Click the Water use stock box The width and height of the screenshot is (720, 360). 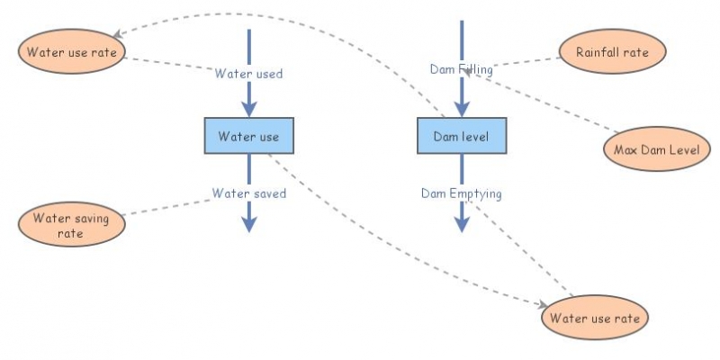(249, 137)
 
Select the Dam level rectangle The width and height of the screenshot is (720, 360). (462, 137)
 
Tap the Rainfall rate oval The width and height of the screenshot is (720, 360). (612, 51)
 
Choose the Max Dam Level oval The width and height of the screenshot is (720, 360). (650, 148)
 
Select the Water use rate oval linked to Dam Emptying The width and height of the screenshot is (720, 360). (593, 318)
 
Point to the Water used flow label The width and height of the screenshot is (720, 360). (248, 74)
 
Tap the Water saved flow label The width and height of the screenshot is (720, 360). (249, 193)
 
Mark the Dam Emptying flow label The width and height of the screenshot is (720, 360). (461, 193)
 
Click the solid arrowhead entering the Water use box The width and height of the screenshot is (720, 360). (249, 111)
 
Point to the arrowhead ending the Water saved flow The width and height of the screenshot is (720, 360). (249, 224)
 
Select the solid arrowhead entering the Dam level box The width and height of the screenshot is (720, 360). (462, 111)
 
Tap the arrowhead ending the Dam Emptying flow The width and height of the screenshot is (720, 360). (462, 224)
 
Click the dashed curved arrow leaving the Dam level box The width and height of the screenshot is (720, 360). (270, 18)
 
